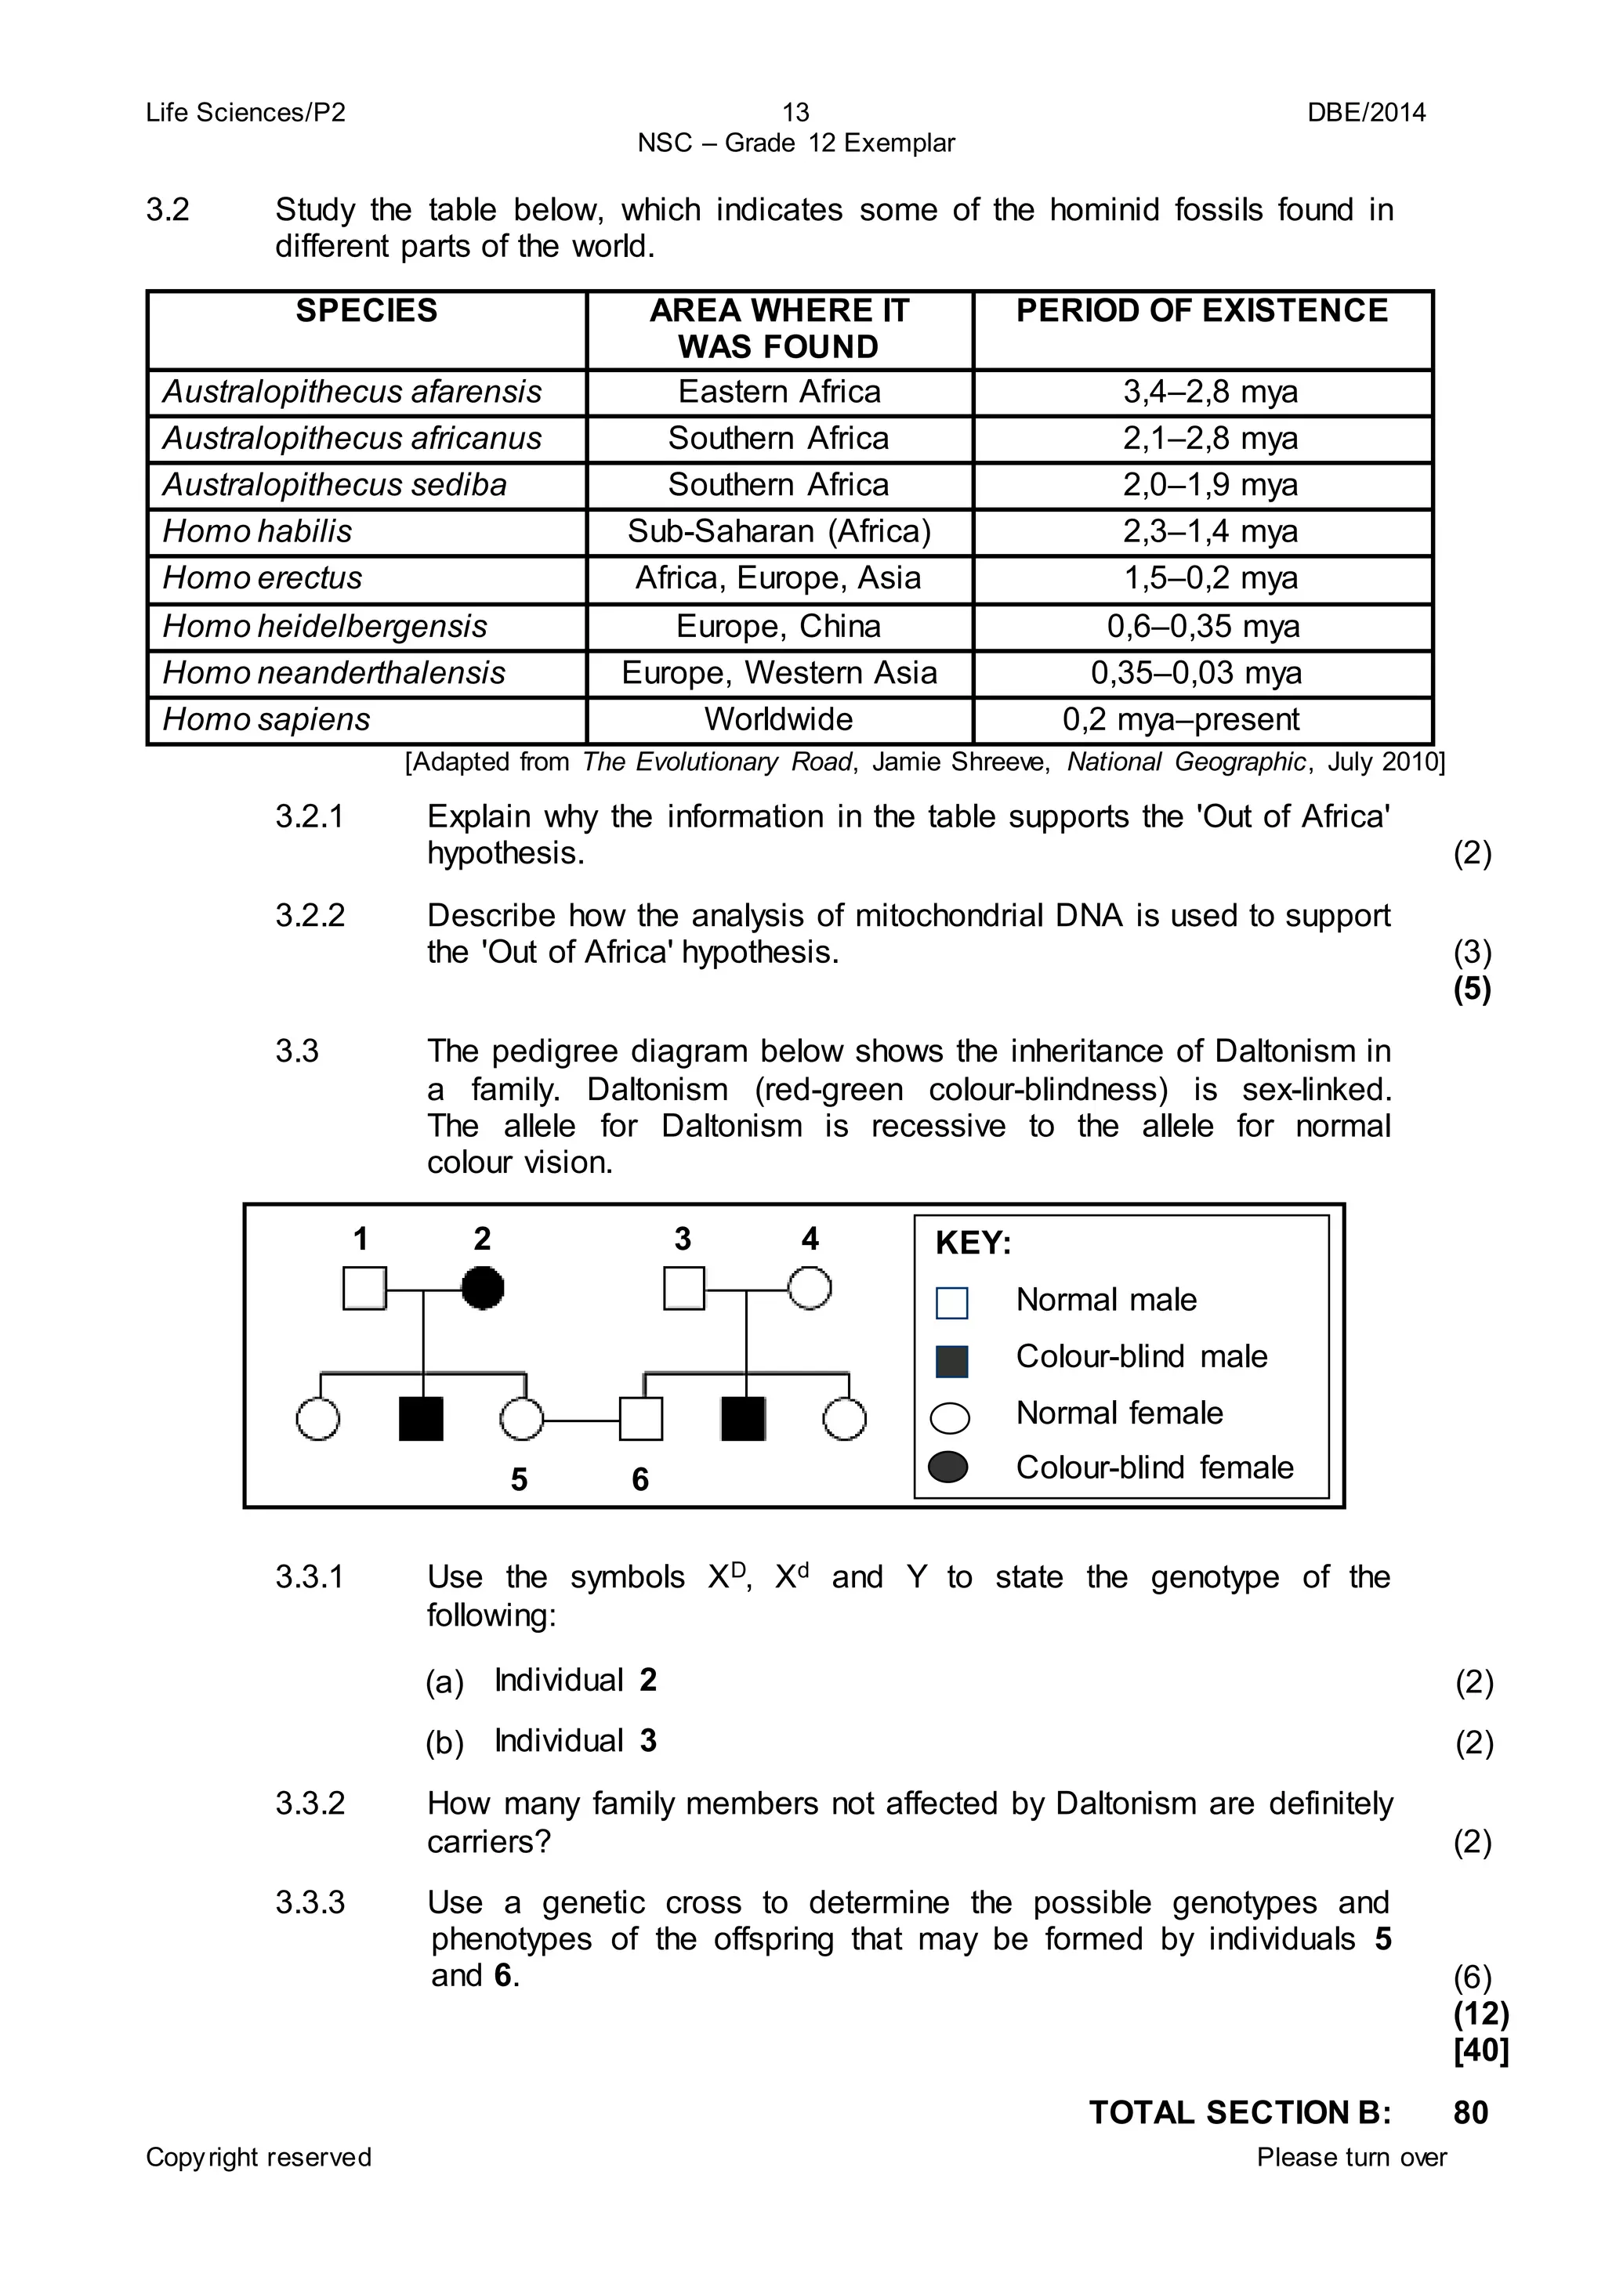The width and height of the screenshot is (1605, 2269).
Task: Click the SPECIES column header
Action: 366,311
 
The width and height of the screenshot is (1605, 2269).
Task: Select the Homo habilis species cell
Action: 258,532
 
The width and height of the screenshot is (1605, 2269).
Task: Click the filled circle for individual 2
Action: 482,1289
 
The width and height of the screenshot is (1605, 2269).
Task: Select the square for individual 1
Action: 364,1289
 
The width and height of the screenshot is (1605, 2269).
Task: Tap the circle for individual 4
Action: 810,1289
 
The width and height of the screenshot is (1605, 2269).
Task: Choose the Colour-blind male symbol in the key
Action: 951,1361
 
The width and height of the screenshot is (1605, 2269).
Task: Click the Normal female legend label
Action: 1119,1413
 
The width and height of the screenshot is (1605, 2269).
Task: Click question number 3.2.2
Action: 310,916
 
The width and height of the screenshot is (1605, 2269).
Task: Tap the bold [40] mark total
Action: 1480,2050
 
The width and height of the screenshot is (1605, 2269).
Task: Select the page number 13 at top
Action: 795,113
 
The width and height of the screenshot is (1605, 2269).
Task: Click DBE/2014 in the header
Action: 1366,113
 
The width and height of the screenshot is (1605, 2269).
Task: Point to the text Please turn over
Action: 1351,2157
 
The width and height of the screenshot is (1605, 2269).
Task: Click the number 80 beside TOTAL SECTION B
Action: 1470,2113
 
